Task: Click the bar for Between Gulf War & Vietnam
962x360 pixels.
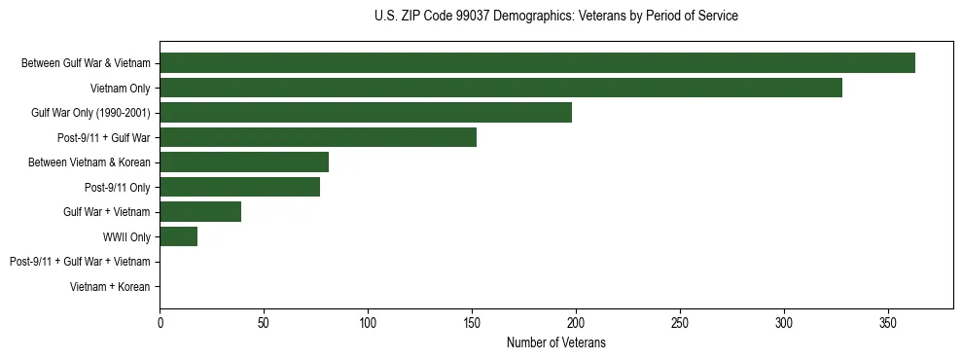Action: point(537,63)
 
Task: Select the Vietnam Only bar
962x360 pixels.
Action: point(501,88)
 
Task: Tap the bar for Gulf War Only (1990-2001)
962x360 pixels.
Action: point(366,113)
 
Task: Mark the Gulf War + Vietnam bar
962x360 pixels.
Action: point(200,211)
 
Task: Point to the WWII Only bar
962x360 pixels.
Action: point(179,236)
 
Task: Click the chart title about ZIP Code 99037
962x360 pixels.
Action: point(555,17)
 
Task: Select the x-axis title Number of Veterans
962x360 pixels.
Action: point(555,342)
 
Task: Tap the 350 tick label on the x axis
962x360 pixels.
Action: point(887,322)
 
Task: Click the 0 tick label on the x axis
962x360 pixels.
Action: point(160,322)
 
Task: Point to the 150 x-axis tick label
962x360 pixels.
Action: point(472,322)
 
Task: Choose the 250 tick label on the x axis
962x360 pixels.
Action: point(680,322)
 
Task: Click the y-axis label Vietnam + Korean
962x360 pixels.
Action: point(110,286)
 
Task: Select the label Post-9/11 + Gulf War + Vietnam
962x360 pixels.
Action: point(80,262)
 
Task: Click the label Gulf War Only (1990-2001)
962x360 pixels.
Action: point(90,113)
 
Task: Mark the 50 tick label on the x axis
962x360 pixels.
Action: point(264,322)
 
